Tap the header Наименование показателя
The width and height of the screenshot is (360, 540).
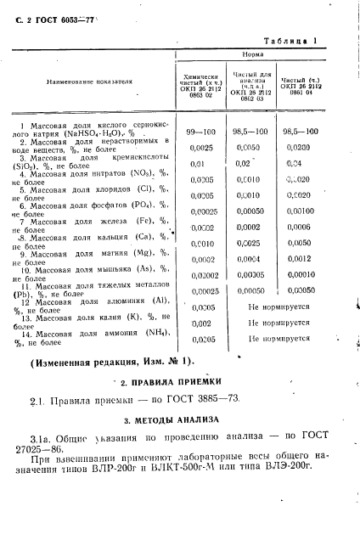(x=90, y=82)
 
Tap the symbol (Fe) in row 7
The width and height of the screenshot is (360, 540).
(x=138, y=221)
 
